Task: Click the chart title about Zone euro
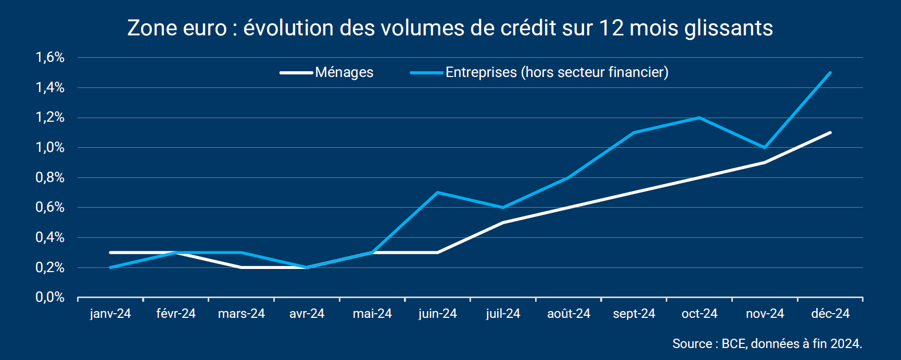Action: (450, 28)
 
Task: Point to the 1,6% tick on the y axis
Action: (50, 57)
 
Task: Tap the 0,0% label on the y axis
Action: (50, 298)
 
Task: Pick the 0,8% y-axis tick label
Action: (50, 177)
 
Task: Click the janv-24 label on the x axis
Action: (110, 314)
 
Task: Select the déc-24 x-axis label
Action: (830, 314)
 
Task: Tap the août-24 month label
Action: (568, 314)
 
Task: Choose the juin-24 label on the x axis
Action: (437, 314)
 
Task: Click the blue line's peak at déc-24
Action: (830, 73)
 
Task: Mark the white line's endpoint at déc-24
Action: (830, 133)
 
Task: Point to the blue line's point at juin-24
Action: (438, 192)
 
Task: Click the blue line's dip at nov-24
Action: (765, 148)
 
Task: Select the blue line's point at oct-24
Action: (700, 118)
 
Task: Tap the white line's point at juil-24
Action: (503, 223)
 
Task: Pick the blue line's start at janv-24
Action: (110, 267)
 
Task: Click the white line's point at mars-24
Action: (242, 267)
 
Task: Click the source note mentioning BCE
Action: (767, 344)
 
